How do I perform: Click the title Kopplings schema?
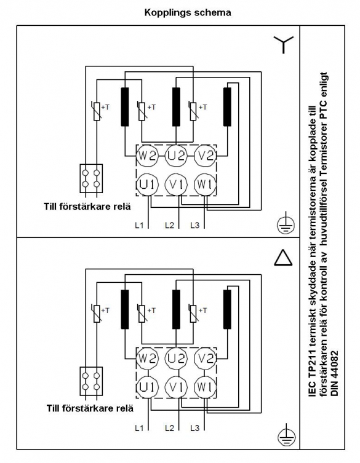point(188,13)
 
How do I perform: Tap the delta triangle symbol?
point(283,258)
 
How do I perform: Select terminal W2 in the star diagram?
point(147,156)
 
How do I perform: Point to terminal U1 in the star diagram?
point(147,184)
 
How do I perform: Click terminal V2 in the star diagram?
point(206,156)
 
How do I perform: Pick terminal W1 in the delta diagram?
point(205,387)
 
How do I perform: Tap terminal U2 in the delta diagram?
point(176,358)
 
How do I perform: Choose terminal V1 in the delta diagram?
point(176,387)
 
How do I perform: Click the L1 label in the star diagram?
point(139,225)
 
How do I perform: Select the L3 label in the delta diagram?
point(195,427)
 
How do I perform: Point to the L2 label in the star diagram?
point(169,225)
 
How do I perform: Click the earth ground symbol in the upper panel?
point(286,224)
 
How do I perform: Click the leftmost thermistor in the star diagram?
point(97,111)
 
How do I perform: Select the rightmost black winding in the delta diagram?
point(227,309)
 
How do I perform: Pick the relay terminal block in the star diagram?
point(91,179)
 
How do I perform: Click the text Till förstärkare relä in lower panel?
point(90,408)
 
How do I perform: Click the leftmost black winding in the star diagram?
point(125,107)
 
